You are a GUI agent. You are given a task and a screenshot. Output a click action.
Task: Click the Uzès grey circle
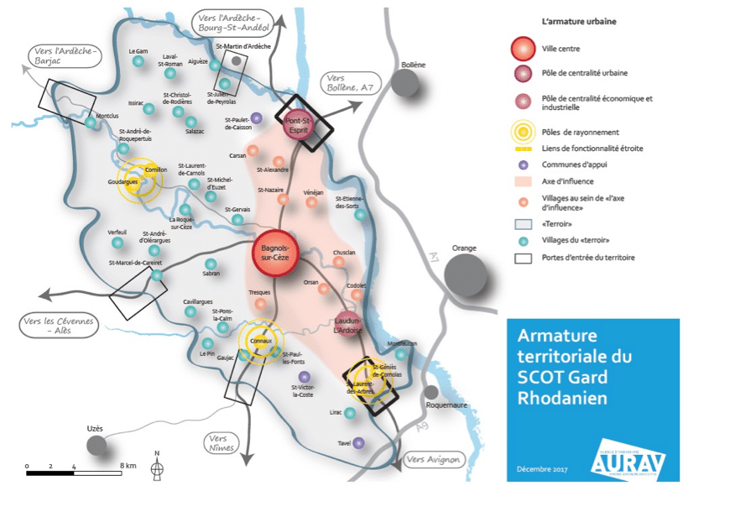pos(96,445)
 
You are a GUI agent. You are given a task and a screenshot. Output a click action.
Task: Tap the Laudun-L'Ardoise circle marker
pos(347,323)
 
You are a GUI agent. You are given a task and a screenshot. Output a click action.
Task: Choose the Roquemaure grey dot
pos(432,392)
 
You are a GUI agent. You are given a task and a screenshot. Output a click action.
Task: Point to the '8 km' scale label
pos(128,464)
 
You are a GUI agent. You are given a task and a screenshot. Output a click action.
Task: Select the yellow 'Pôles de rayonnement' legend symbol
pos(524,132)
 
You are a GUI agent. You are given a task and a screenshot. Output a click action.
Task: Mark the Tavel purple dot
pos(360,442)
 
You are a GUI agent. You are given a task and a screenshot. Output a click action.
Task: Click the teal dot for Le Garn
pos(138,61)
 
